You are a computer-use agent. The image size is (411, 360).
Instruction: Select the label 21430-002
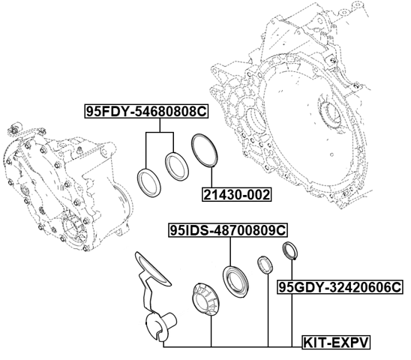[236, 195]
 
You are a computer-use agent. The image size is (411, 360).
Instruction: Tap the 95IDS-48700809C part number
[229, 232]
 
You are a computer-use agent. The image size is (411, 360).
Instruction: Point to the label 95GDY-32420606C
[340, 287]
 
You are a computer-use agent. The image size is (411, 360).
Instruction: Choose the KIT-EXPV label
[337, 343]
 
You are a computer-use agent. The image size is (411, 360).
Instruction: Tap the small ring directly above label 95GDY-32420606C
[289, 251]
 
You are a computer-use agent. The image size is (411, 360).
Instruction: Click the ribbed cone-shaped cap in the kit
[206, 296]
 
